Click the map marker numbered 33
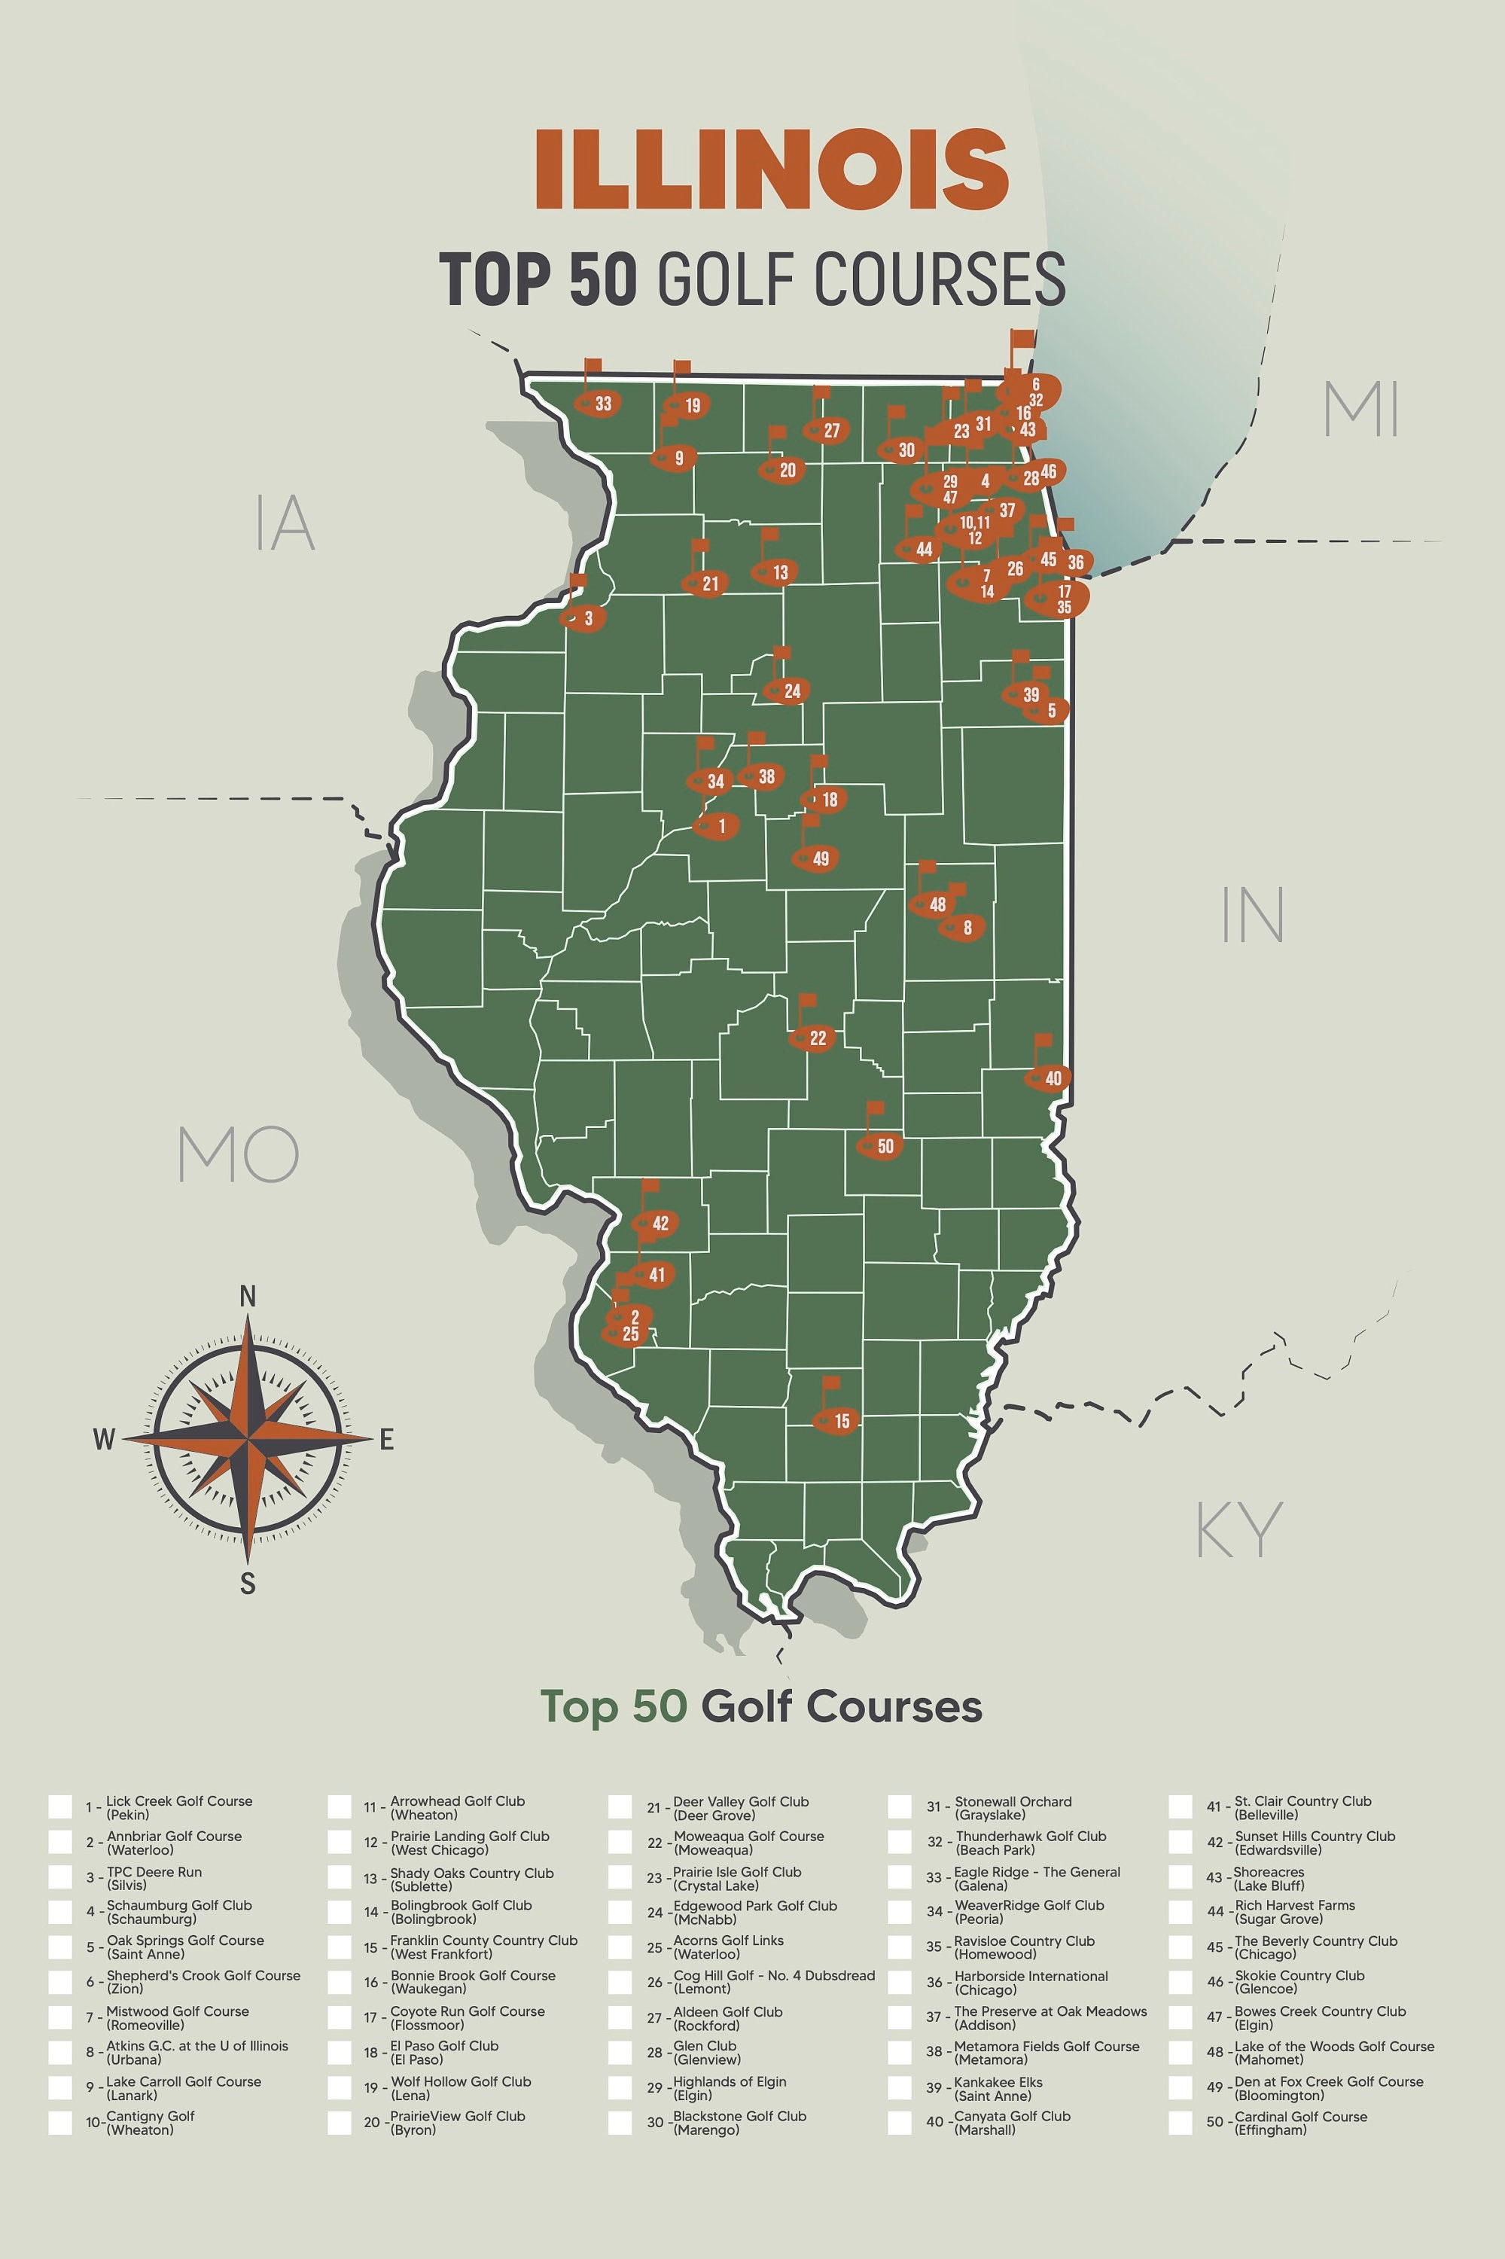pyautogui.click(x=599, y=403)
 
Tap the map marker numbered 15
pyautogui.click(x=837, y=1421)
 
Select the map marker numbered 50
pyautogui.click(x=880, y=1145)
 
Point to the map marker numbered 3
pyautogui.click(x=584, y=618)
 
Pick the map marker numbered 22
pyautogui.click(x=813, y=1038)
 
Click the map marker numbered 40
pyautogui.click(x=1048, y=1078)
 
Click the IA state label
pyautogui.click(x=285, y=523)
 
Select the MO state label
pyautogui.click(x=239, y=1155)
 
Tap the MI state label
pyautogui.click(x=1361, y=409)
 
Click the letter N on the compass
pyautogui.click(x=248, y=1297)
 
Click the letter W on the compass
pyautogui.click(x=105, y=1439)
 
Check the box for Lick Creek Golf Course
pyautogui.click(x=60, y=1806)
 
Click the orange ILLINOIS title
pyautogui.click(x=772, y=170)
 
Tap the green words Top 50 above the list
pyautogui.click(x=614, y=1706)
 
